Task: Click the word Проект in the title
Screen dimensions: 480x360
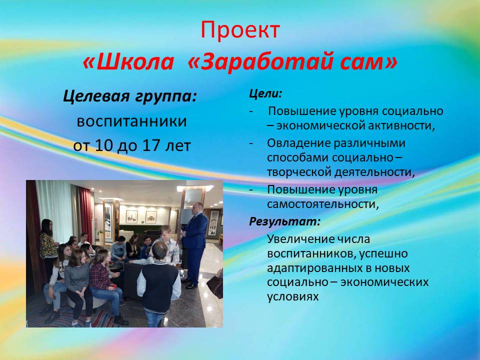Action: [x=240, y=30]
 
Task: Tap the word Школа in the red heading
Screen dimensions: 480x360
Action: [x=135, y=61]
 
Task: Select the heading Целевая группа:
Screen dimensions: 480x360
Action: [x=130, y=96]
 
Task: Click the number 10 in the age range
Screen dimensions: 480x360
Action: [x=104, y=145]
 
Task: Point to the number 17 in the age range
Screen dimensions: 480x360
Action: [x=151, y=145]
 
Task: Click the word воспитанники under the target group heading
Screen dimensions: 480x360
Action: [x=131, y=121]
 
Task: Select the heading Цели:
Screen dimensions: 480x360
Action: [x=265, y=93]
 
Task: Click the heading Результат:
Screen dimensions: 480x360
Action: [x=284, y=221]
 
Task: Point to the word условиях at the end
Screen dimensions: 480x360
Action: [x=293, y=296]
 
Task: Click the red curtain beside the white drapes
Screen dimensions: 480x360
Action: [x=85, y=211]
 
